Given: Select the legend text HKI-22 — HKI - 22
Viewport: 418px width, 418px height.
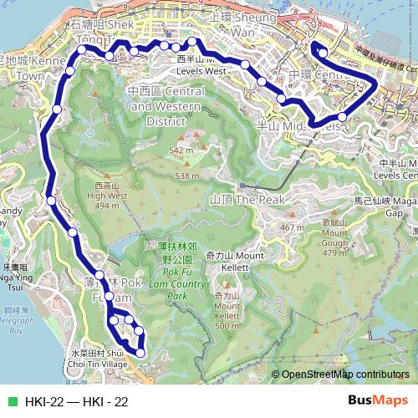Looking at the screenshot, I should (76, 402).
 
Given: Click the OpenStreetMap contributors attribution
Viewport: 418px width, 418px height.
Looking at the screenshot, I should (344, 375).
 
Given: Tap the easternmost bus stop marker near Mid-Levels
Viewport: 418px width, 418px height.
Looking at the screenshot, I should (343, 117).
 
